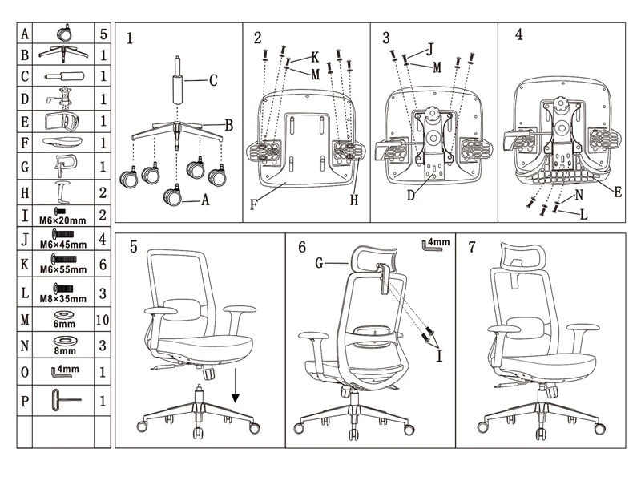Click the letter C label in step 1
coord(213,80)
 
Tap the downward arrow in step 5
coord(235,386)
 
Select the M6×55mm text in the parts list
coord(63,270)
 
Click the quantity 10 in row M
coord(103,319)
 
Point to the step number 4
coord(518,34)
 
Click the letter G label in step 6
coord(319,263)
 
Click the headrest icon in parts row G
coord(66,166)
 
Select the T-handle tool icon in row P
coord(66,400)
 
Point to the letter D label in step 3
coord(411,196)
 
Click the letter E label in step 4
coord(618,192)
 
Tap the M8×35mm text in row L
coord(63,299)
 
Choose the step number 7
coord(472,247)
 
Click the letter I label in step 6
coord(439,356)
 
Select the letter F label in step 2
coord(253,204)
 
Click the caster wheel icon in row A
coord(65,33)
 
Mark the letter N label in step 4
coord(579,195)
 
